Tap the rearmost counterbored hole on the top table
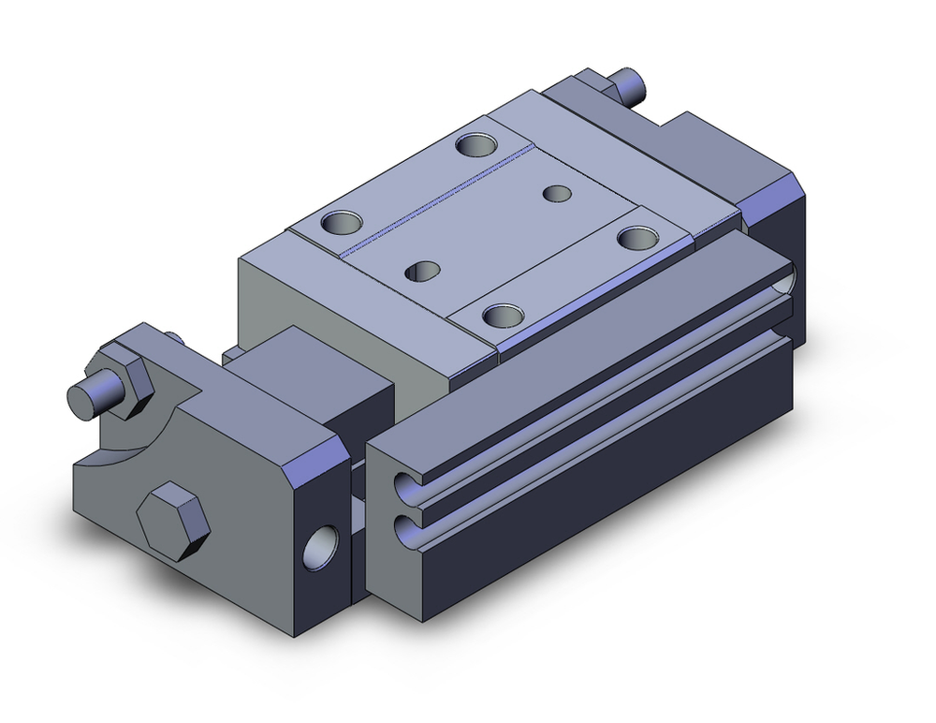point(478,145)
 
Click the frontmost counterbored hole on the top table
point(502,316)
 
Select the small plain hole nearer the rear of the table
point(558,193)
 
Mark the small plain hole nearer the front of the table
point(422,272)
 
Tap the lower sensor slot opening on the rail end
point(407,532)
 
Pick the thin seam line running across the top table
point(440,201)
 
